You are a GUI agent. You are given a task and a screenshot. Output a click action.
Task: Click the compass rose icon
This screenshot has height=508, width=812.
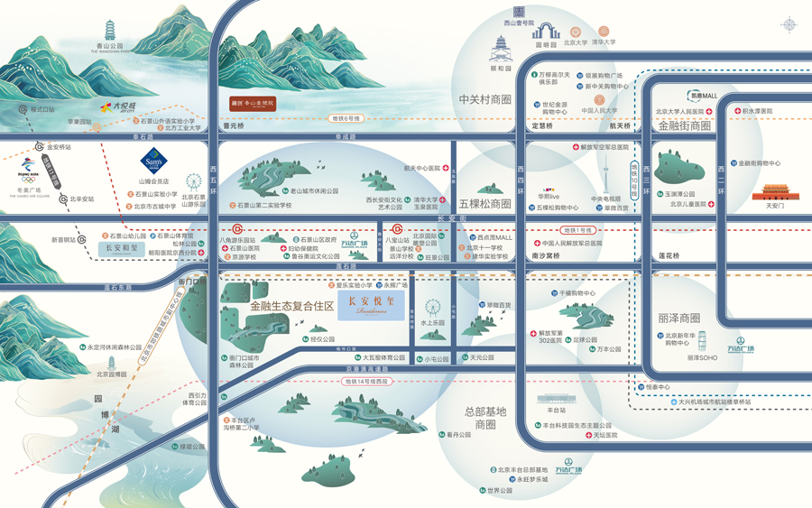pos(789,23)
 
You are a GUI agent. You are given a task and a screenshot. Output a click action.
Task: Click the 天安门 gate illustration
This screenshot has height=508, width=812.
pos(775,192)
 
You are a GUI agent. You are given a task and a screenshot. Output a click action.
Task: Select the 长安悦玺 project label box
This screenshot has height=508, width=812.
pos(371,305)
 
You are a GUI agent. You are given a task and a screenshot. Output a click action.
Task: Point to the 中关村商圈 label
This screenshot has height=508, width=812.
pos(484,99)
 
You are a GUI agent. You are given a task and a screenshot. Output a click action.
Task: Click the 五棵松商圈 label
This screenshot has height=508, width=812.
pos(485,204)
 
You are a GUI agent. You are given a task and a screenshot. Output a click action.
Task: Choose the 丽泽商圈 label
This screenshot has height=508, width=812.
pos(678,318)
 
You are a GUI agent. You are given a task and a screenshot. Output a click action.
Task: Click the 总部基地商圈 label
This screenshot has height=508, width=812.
pos(485,418)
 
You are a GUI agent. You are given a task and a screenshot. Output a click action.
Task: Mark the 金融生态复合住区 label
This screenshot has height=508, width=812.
pos(291,307)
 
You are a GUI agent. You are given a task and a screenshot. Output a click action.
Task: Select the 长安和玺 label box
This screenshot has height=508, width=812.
pos(122,247)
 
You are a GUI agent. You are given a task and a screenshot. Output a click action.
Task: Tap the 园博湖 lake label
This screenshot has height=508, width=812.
pos(109,415)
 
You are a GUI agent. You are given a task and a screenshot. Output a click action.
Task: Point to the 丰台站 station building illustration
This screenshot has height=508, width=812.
pos(556,399)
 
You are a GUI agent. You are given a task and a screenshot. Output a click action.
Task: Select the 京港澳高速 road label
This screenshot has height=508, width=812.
pos(366,369)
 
